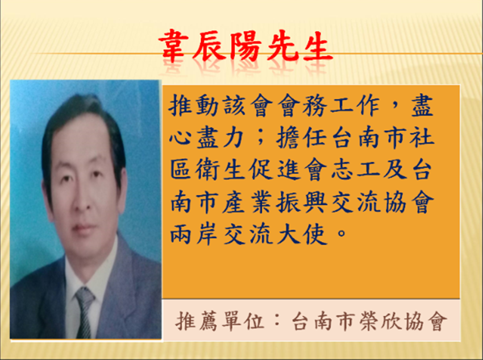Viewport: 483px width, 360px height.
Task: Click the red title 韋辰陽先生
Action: [246, 46]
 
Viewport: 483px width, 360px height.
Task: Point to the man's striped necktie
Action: [84, 312]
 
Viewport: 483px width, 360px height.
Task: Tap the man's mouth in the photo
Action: [82, 228]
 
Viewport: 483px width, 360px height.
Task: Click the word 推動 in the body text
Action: [194, 105]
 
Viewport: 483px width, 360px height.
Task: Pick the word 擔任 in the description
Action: [301, 138]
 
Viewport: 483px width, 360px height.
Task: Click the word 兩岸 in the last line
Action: [194, 234]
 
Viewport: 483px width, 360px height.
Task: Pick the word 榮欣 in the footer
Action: [380, 321]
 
